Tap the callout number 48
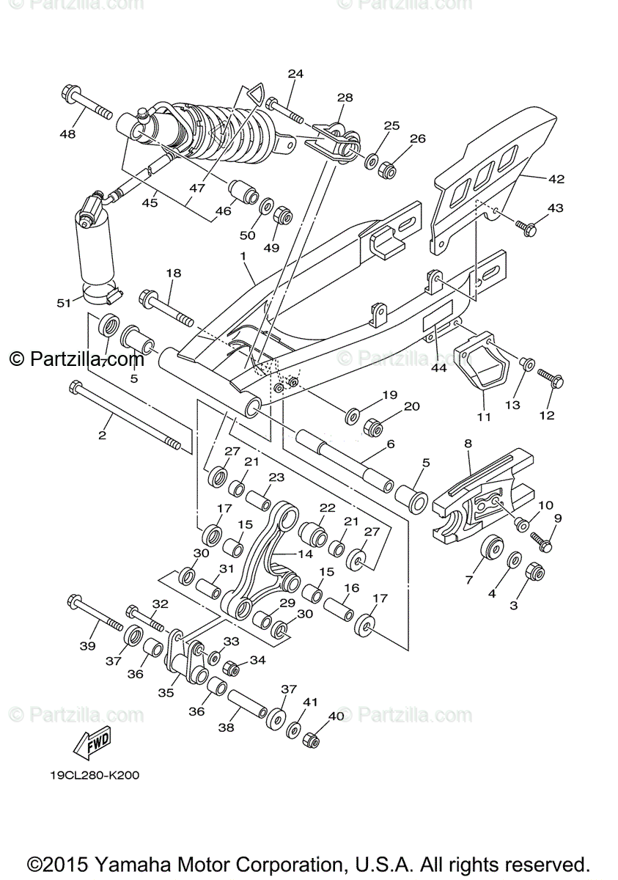(67, 133)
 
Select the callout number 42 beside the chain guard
(556, 177)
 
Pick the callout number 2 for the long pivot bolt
(102, 435)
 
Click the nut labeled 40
(312, 739)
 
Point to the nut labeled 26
(389, 171)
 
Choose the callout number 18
(173, 273)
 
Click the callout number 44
(438, 367)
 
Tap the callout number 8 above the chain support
(467, 443)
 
